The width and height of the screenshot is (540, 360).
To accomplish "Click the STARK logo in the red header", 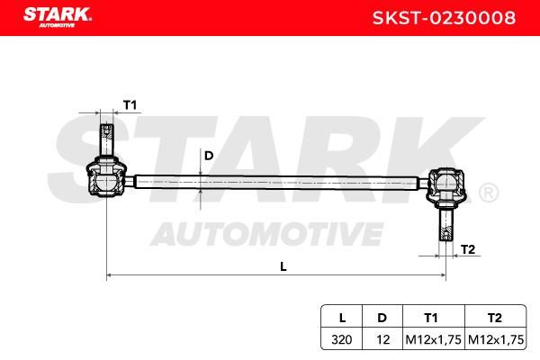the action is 58,17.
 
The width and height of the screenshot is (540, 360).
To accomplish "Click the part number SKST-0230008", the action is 444,18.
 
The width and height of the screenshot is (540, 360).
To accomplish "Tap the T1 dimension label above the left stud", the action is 130,105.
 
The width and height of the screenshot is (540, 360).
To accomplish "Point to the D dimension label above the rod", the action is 209,156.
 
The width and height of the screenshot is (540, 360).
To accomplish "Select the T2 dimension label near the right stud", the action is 468,249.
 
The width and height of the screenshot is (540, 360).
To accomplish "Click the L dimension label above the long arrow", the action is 283,266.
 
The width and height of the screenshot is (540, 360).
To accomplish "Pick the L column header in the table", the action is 342,318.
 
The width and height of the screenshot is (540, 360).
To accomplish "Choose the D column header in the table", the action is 382,318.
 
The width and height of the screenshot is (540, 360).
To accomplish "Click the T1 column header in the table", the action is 431,318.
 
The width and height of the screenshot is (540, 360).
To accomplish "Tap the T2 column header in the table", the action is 494,318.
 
